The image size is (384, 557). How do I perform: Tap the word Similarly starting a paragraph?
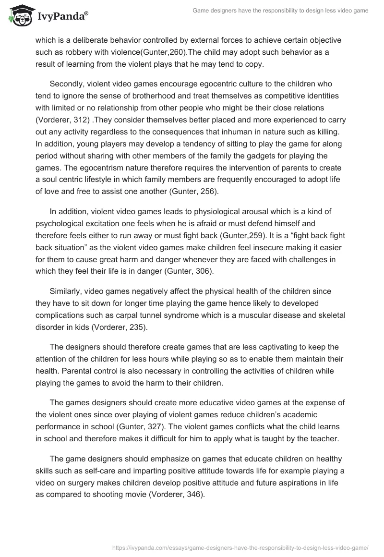[x=66, y=291]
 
